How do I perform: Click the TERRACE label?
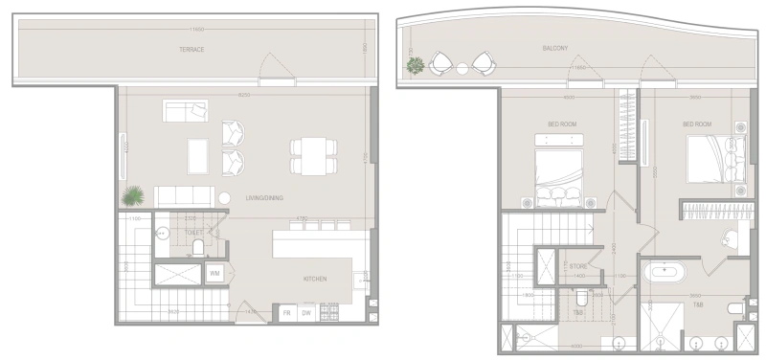pos(191,50)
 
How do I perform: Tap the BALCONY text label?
pos(554,48)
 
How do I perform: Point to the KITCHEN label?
pos(315,279)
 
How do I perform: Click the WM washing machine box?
pos(216,273)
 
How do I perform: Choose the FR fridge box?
pos(285,313)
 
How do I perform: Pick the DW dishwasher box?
pos(307,313)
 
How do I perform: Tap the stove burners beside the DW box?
pos(329,312)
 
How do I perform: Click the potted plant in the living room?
pos(133,195)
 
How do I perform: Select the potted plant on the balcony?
pos(416,66)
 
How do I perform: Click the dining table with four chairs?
pos(313,156)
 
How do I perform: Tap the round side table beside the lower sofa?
pos(223,198)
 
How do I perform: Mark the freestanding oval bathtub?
pos(663,272)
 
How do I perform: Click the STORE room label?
pos(578,266)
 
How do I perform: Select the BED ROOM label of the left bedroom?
pos(561,124)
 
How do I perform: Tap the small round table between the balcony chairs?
pos(461,67)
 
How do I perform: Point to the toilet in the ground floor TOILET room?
pos(198,248)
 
